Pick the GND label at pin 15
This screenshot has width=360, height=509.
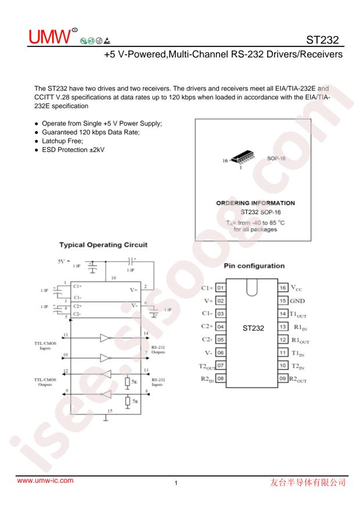coord(299,301)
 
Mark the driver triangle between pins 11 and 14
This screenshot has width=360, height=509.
coord(105,336)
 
